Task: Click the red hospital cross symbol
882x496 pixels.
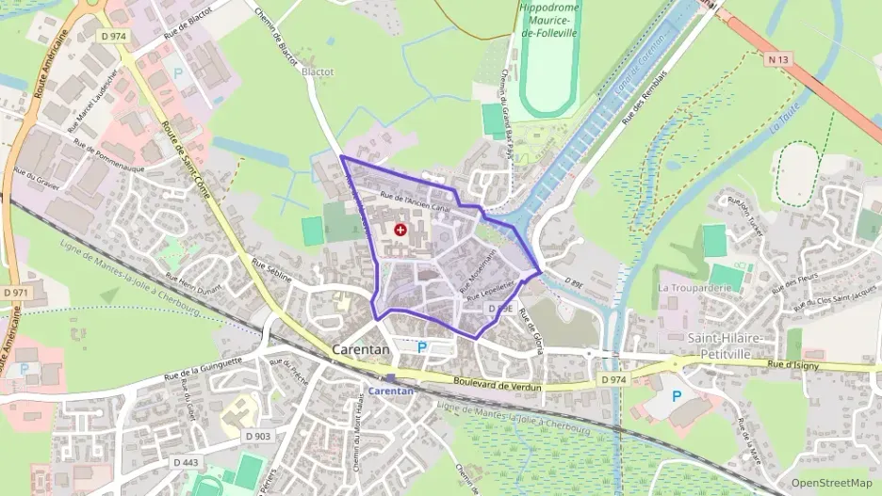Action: (401, 230)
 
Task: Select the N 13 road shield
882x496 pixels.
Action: (777, 59)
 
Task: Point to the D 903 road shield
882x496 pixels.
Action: (256, 436)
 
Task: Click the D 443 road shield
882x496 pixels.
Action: (186, 462)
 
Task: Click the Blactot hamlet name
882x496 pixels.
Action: (317, 71)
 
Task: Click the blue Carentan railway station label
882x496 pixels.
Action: (390, 390)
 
